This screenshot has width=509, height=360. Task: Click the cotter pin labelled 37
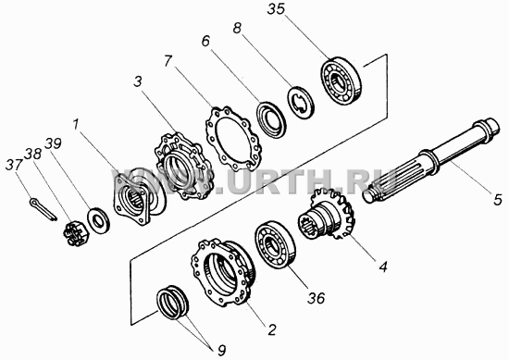pyautogui.click(x=43, y=210)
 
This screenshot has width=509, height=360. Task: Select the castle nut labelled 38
pyautogui.click(x=74, y=232)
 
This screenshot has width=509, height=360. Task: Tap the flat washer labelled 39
pyautogui.click(x=98, y=221)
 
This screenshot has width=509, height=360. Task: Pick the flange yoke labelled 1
pyautogui.click(x=139, y=197)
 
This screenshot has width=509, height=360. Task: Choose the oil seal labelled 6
pyautogui.click(x=271, y=119)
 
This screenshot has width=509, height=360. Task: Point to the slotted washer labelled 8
pyautogui.click(x=301, y=102)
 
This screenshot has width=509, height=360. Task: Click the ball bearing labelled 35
pyautogui.click(x=341, y=81)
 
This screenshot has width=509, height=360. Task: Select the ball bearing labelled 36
pyautogui.click(x=275, y=244)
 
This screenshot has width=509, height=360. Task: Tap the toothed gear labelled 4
pyautogui.click(x=327, y=215)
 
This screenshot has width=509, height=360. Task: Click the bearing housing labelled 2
pyautogui.click(x=223, y=271)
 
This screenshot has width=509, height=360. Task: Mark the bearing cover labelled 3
pyautogui.click(x=185, y=167)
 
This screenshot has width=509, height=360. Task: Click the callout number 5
pyautogui.click(x=498, y=199)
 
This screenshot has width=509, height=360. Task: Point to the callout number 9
pyautogui.click(x=221, y=351)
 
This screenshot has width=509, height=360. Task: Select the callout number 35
pyautogui.click(x=276, y=9)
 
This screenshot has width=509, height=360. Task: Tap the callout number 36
pyautogui.click(x=316, y=297)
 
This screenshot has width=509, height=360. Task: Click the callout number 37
pyautogui.click(x=14, y=165)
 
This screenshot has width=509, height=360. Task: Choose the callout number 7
pyautogui.click(x=168, y=61)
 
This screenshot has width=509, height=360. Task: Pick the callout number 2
pyautogui.click(x=271, y=329)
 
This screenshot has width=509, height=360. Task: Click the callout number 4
pyautogui.click(x=383, y=267)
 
